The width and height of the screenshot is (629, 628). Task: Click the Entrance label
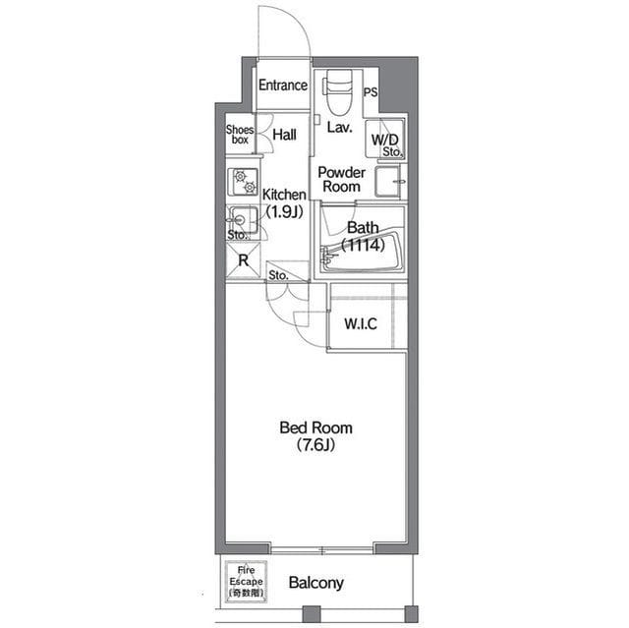pos(283,86)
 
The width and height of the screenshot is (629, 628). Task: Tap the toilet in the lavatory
pos(338,91)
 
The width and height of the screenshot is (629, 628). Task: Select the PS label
pos(371,92)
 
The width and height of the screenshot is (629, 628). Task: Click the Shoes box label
pos(240,135)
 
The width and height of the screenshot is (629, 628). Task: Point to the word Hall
pos(284,135)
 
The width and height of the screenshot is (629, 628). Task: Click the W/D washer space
pos(384,139)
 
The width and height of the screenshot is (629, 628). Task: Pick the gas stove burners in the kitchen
pos(243,182)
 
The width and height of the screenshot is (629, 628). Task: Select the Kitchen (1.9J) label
pos(284,203)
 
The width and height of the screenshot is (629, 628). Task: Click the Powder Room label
pos(341,179)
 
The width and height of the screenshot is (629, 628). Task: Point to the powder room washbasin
pos(387,181)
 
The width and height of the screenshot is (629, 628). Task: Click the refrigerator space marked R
pos(243,260)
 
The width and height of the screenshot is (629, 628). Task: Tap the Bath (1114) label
pos(363,236)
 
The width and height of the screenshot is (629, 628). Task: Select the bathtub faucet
pos(326,255)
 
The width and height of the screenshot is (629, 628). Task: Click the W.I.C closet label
pos(361,323)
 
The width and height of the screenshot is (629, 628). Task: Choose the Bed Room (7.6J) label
pos(316,436)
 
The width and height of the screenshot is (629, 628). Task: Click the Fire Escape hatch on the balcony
pos(246,582)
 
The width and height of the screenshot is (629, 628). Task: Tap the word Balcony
pos(316,583)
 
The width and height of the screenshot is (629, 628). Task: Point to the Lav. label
pos(340,128)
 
